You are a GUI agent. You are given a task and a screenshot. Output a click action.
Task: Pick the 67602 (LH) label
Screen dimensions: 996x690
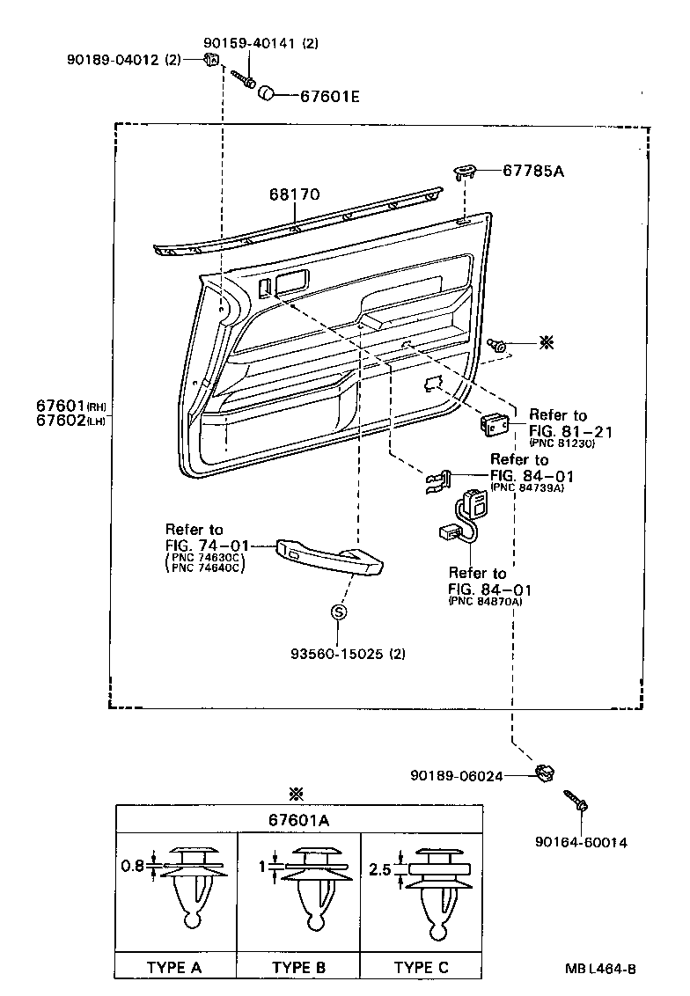coord(72,421)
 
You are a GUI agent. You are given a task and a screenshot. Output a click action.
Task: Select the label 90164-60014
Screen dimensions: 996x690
coord(580,842)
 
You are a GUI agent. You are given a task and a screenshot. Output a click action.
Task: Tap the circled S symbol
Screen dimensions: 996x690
coord(338,612)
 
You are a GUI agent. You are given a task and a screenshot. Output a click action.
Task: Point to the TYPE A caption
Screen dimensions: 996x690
coord(174,967)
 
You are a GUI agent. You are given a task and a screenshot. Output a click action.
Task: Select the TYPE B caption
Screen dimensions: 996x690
coord(299,967)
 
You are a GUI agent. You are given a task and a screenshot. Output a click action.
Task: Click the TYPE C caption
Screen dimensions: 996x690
coord(421,967)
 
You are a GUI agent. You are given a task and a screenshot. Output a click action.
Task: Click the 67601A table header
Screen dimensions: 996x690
coord(299,819)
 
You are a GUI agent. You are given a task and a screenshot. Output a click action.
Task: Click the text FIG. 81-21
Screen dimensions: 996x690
coord(570,432)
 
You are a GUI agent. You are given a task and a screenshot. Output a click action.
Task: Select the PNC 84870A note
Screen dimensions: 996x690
coord(485,601)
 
